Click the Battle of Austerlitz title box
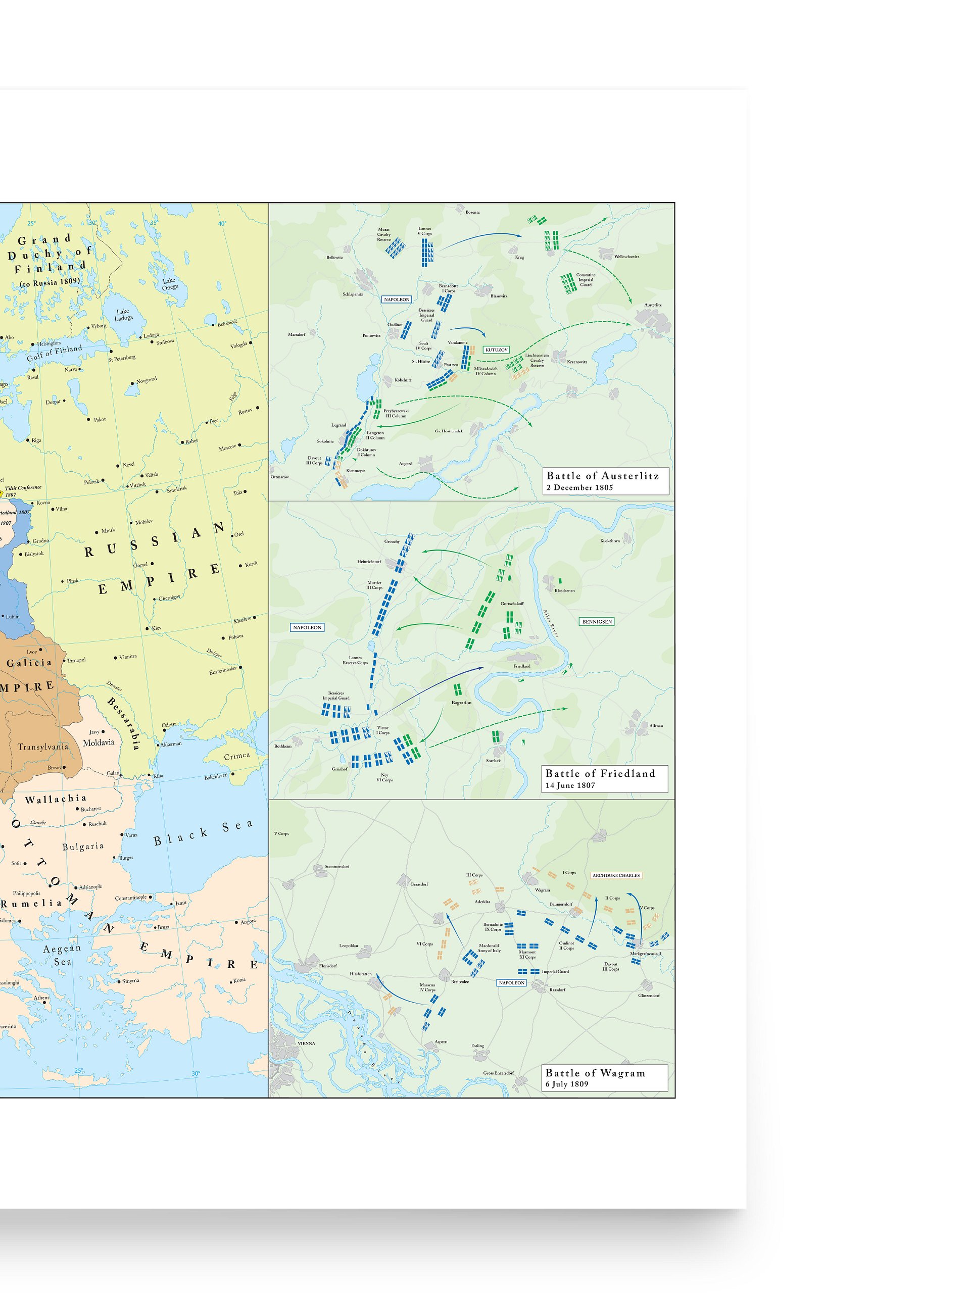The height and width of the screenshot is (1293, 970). click(605, 481)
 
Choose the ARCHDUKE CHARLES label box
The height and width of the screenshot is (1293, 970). click(616, 876)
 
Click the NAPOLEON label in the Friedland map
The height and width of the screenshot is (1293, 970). click(307, 627)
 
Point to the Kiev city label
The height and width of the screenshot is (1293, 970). click(157, 628)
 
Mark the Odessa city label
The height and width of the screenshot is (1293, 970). click(169, 725)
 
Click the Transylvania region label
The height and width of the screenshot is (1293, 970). click(42, 747)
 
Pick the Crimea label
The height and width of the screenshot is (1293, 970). click(237, 756)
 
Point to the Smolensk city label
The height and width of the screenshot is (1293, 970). click(177, 489)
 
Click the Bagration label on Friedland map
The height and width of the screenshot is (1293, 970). click(461, 703)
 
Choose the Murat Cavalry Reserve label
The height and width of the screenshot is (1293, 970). click(383, 234)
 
